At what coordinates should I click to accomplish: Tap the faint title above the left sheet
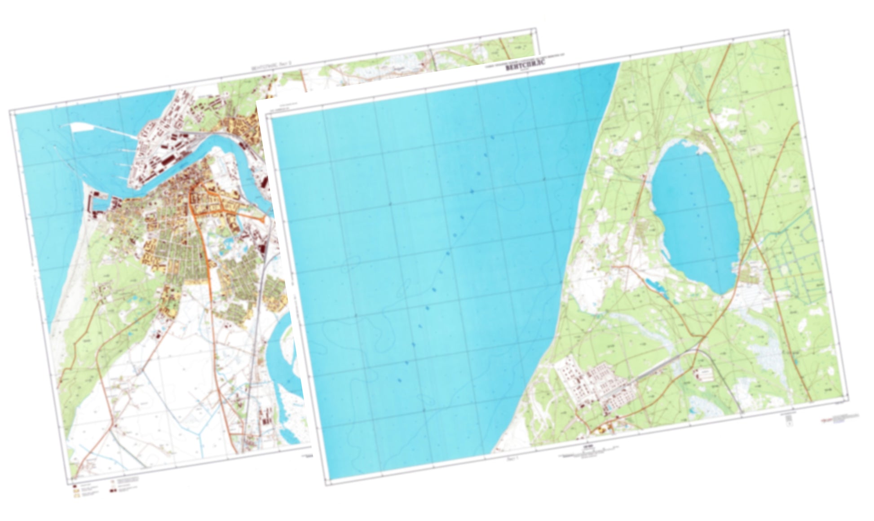tap(272, 69)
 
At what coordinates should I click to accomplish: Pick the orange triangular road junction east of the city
tap(260, 218)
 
